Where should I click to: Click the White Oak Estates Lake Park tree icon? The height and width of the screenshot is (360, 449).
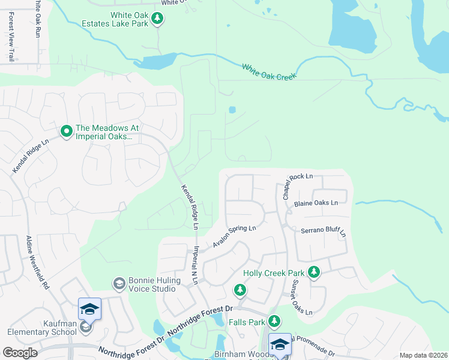point(157,19)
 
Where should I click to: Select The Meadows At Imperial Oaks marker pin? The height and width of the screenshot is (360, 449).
point(66,130)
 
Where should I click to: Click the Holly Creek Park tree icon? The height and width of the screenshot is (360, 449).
point(313,272)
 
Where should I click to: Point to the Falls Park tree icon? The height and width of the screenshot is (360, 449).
point(274,322)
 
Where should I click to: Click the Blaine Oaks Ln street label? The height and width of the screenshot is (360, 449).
point(316,203)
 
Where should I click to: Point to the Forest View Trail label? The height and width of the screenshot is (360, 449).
point(11,37)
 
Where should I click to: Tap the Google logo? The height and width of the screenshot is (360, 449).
point(20,353)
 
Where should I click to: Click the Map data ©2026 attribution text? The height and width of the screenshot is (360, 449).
point(423,355)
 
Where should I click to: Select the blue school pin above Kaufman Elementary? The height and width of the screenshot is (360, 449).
point(89,309)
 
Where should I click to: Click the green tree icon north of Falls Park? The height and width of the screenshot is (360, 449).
point(240,291)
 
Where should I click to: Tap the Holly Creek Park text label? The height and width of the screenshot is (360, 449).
point(274,273)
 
